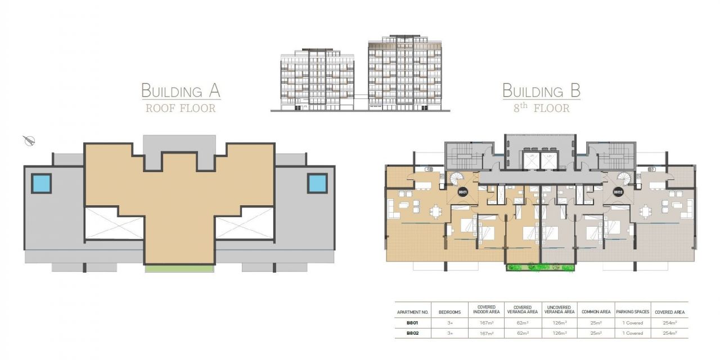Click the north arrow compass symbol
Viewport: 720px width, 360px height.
[x=29, y=141]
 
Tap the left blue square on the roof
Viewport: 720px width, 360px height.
[x=41, y=183]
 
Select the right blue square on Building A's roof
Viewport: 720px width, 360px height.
[x=317, y=183]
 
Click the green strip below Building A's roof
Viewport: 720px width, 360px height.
[x=179, y=269]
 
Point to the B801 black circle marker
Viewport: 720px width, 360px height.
[x=462, y=192]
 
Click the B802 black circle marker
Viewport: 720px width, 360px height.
[x=618, y=192]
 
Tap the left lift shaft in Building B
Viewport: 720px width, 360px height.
[x=531, y=160]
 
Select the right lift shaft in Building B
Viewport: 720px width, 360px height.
[x=549, y=160]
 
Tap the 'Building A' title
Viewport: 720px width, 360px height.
[x=181, y=91]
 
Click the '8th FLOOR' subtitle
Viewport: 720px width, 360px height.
[x=542, y=108]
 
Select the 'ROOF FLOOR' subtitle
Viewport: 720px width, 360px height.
[x=181, y=109]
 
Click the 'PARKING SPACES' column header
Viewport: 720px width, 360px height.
[x=633, y=312]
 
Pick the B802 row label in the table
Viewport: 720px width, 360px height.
[x=413, y=333]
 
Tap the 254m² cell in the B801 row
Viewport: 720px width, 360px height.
[x=670, y=323]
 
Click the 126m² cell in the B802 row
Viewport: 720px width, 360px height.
[x=560, y=333]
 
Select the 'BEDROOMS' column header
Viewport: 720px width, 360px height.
[x=449, y=312]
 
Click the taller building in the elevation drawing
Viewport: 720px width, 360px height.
[x=405, y=73]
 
